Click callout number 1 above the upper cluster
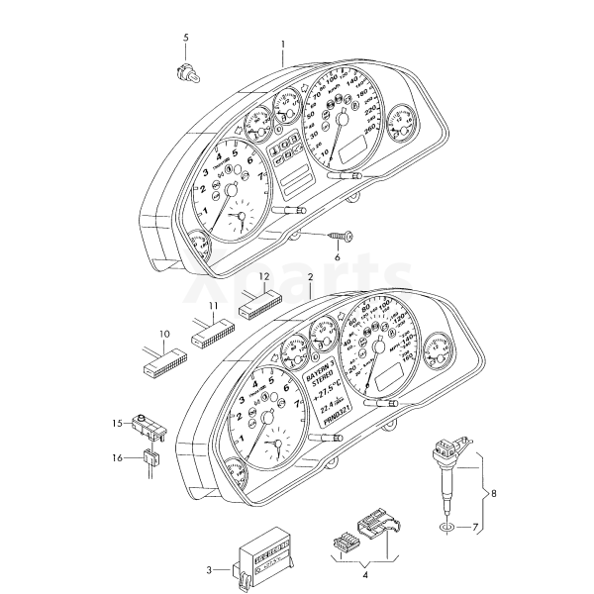pyautogui.click(x=282, y=45)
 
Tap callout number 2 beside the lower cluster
pyautogui.click(x=310, y=278)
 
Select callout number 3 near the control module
pyautogui.click(x=209, y=569)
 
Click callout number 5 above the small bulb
pyautogui.click(x=184, y=38)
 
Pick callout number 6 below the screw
pyautogui.click(x=337, y=257)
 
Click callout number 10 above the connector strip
pyautogui.click(x=164, y=335)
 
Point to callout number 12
pyautogui.click(x=264, y=276)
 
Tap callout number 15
pyautogui.click(x=116, y=424)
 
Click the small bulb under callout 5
pyautogui.click(x=184, y=70)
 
